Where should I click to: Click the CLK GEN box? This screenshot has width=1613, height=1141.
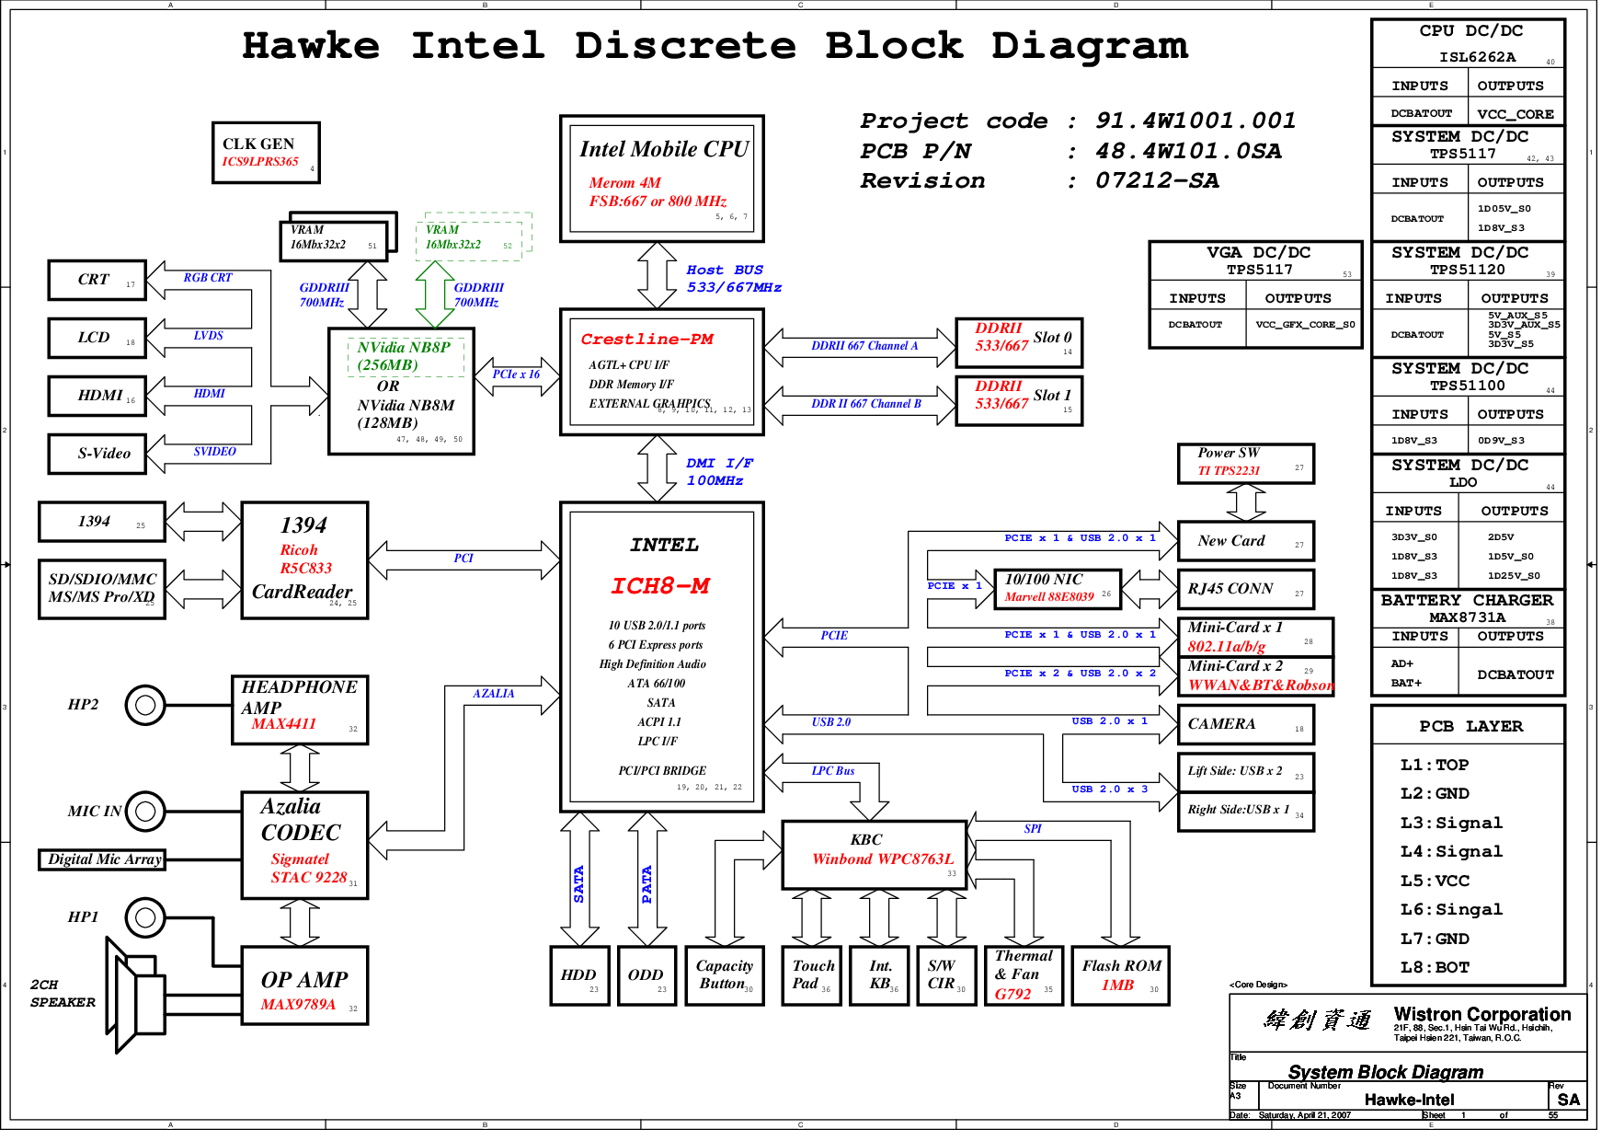click(x=266, y=153)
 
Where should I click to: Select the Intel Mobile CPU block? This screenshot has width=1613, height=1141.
click(x=661, y=178)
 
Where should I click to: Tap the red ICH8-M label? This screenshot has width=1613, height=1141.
click(x=660, y=586)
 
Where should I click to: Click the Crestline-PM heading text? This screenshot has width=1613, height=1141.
click(x=646, y=340)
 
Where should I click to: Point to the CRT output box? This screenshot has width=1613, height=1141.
click(x=97, y=280)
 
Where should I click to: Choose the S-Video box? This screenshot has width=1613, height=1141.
click(x=97, y=454)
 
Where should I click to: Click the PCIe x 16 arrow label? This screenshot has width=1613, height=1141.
click(x=516, y=375)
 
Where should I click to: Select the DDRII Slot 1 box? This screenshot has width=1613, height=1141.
click(x=1019, y=401)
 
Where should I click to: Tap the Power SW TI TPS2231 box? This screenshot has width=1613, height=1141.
click(x=1245, y=463)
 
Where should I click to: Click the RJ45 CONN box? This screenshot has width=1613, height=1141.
click(x=1245, y=590)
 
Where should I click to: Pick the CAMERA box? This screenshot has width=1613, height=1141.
click(x=1245, y=725)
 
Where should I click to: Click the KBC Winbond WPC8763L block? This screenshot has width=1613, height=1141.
click(x=874, y=851)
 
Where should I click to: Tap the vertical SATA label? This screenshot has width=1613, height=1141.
click(x=578, y=883)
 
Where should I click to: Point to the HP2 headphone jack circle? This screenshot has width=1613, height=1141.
click(x=144, y=706)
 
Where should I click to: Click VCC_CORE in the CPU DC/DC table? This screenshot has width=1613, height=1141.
click(x=1515, y=114)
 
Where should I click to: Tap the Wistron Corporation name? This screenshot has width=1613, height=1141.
click(x=1481, y=1014)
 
